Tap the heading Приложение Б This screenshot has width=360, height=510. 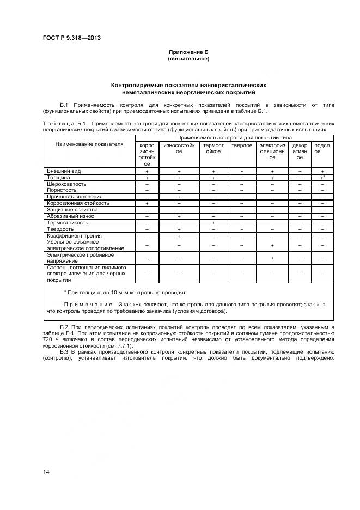(x=188, y=52)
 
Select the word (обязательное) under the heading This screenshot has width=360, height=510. (x=188, y=59)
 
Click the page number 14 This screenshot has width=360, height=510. (x=46, y=471)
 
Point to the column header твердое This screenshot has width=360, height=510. (x=241, y=145)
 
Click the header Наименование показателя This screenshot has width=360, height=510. (x=89, y=144)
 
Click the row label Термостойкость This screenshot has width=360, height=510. (x=68, y=222)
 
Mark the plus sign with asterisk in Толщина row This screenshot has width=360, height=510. (x=322, y=178)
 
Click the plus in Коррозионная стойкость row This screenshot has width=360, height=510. (x=147, y=203)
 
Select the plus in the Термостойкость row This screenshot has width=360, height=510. (x=213, y=223)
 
